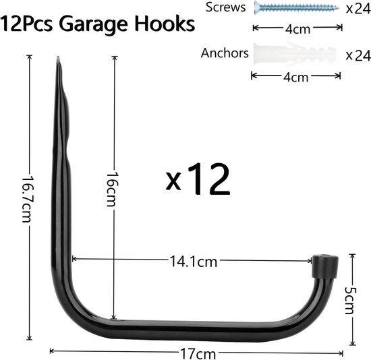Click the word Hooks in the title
coord(165,24)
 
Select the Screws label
coord(225,7)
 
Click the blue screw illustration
coord(297,7)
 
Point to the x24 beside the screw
coord(358,9)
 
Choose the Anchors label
coord(225,53)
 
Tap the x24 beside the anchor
coord(358,55)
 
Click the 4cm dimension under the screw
coord(297,29)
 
